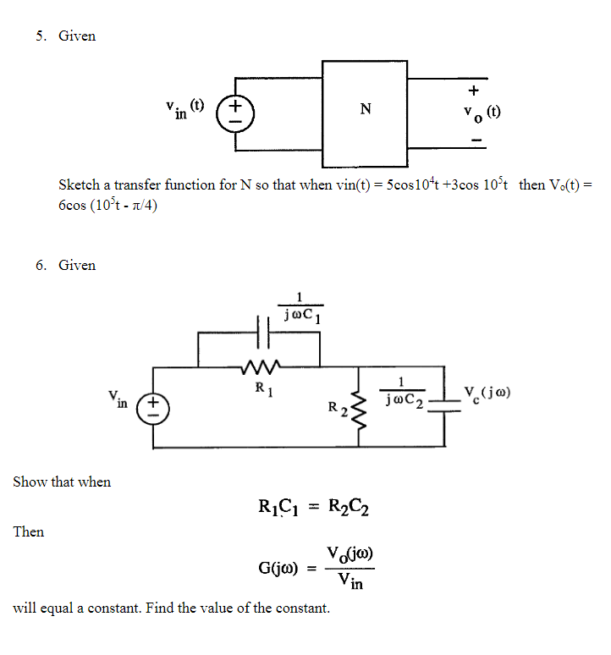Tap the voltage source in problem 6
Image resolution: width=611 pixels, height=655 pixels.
(x=154, y=405)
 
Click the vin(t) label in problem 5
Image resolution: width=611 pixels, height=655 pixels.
(x=185, y=109)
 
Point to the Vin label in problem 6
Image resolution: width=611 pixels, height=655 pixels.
(x=118, y=399)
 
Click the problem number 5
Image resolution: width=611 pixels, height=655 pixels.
(x=40, y=36)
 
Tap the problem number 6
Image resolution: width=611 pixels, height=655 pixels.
(x=40, y=265)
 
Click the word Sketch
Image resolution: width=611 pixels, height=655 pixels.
(x=79, y=184)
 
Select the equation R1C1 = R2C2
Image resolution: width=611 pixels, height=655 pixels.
(x=313, y=508)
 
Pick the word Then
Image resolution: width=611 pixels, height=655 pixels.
(x=29, y=531)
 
